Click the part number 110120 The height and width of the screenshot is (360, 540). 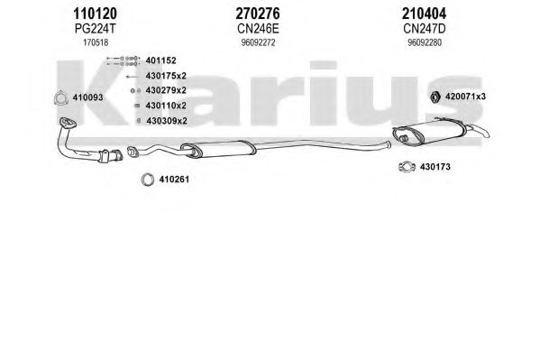coord(95,14)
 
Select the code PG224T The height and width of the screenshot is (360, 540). coord(95,29)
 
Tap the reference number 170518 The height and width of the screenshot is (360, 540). coord(96,42)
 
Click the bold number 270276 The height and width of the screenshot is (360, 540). coord(258,14)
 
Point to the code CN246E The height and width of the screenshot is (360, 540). coord(258,29)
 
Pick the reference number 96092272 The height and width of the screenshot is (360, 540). coord(259,42)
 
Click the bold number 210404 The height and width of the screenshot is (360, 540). coord(424,14)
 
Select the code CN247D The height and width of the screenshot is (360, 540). coord(425,29)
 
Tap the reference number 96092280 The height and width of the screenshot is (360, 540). coord(425,42)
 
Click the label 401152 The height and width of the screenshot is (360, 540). coord(160,60)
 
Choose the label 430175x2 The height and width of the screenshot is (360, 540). coord(166,76)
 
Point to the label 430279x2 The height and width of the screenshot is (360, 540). coord(166,90)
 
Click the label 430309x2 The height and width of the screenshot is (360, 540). coord(167,121)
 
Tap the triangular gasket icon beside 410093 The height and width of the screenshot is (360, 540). coord(60,98)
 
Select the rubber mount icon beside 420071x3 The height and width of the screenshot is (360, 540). coord(435,97)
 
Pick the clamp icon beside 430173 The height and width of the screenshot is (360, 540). coord(407,167)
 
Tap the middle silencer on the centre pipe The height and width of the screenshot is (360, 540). coord(218,149)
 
